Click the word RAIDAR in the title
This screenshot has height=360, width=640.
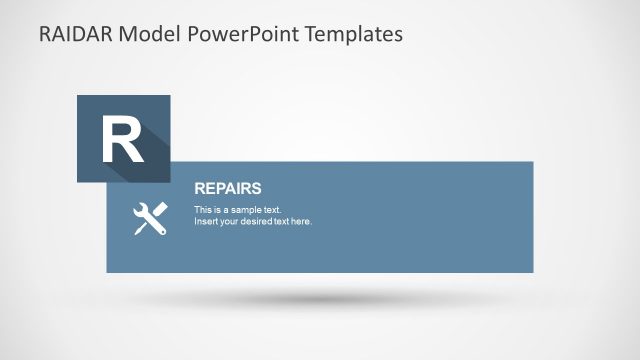click(75, 34)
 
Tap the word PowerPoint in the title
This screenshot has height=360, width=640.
click(233, 34)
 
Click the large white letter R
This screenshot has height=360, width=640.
click(122, 140)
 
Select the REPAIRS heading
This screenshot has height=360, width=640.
click(228, 188)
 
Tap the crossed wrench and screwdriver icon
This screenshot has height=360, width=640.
click(150, 218)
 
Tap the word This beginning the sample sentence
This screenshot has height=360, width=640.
click(203, 210)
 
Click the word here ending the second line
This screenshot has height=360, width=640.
click(302, 221)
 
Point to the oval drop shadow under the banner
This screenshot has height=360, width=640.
click(320, 299)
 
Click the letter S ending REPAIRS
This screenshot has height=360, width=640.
click(257, 188)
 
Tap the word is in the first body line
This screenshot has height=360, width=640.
click(218, 210)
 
